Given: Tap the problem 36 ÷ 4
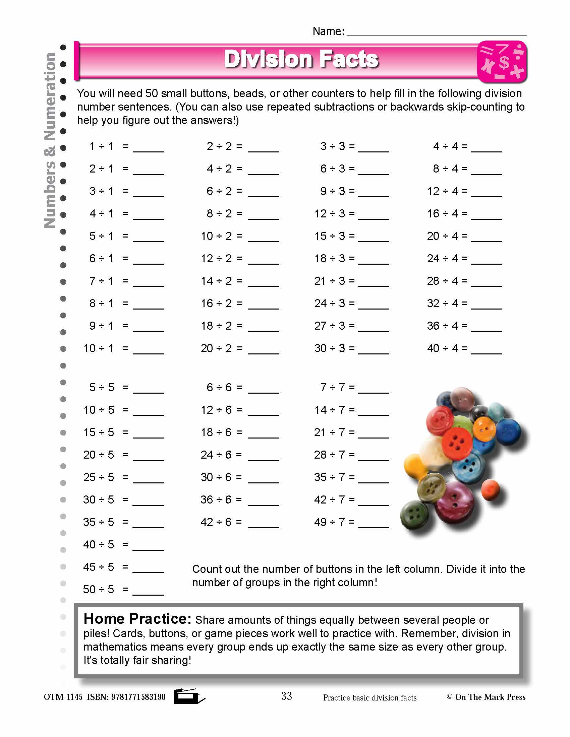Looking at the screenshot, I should pos(442,326).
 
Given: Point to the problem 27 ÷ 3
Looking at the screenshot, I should pos(330,326).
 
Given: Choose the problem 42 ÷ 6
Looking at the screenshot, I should pos(216,522).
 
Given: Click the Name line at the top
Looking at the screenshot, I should pos(436,31).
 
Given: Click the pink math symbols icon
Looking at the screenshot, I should pos(502,62).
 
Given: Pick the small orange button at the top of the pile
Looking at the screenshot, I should pos(484,429).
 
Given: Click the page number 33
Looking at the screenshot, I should pos(286,696).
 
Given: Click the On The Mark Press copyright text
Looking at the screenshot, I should pos(486,697).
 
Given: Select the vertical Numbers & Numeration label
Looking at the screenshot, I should pos(50,140).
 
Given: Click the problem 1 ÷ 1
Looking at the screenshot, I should pos(101,146).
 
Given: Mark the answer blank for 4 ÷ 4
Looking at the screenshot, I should pos(486,147).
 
